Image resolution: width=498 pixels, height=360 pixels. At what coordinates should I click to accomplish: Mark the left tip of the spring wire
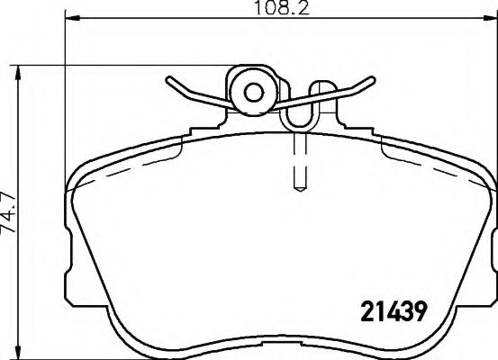[x=168, y=82]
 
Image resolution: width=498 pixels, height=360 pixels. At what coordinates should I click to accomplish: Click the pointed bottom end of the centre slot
[x=301, y=190]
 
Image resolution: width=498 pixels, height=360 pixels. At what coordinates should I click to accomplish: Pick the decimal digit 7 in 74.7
[x=10, y=191]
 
